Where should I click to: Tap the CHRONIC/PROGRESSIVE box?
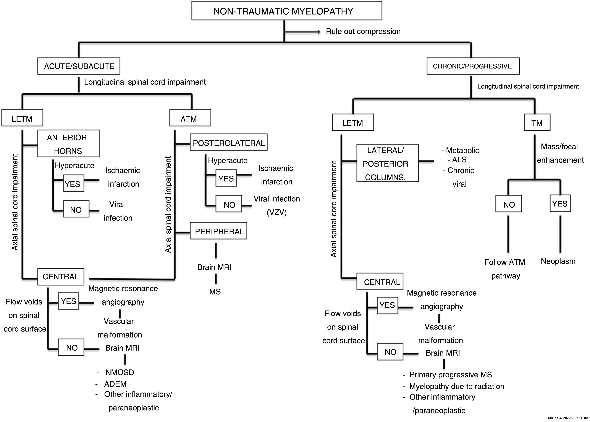click(x=473, y=66)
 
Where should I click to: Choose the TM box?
click(x=537, y=122)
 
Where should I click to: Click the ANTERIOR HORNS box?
click(x=68, y=144)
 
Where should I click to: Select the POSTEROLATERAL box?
click(x=229, y=142)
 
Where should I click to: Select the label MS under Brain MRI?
click(x=215, y=291)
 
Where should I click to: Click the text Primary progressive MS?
click(x=450, y=375)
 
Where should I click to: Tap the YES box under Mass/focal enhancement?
click(x=560, y=203)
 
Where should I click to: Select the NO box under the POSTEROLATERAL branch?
click(x=229, y=204)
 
